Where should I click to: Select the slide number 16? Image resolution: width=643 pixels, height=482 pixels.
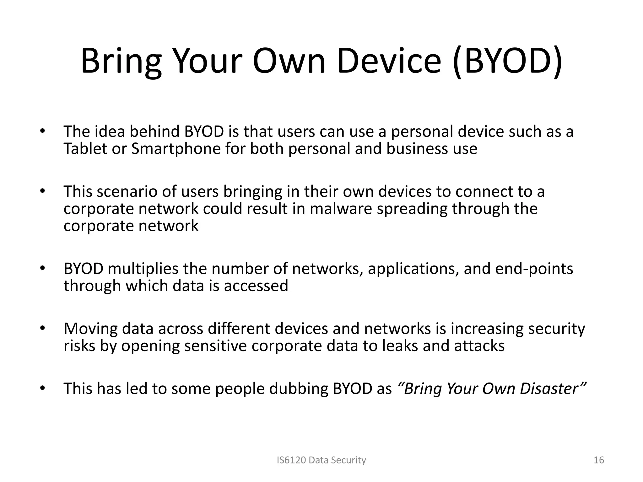tap(599, 460)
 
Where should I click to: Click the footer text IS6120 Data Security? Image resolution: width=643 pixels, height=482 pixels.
tap(321, 460)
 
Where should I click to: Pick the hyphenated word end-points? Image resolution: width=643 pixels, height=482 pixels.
tap(534, 269)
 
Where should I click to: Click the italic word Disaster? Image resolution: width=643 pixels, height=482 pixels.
tap(553, 389)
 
